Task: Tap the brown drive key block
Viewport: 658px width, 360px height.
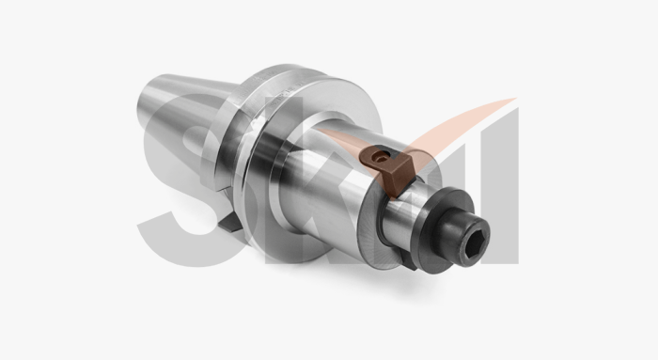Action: tap(389, 169)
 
